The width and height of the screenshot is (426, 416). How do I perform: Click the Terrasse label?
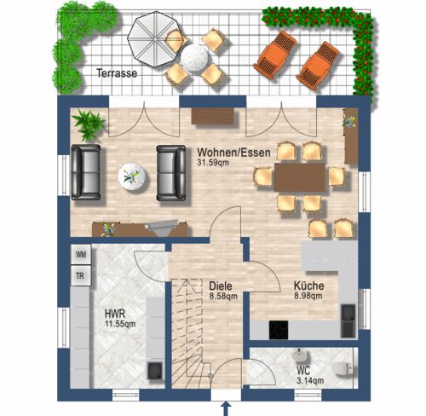[x=117, y=73]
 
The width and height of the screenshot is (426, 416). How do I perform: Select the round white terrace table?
[x=194, y=58]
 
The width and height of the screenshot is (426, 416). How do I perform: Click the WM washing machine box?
[x=81, y=254]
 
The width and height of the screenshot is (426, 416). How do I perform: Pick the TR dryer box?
[x=81, y=276]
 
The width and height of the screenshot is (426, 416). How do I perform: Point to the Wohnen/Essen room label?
[x=233, y=153]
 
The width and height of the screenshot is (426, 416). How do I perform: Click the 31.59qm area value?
[x=213, y=163]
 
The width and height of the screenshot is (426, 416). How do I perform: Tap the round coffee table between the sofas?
[x=132, y=177]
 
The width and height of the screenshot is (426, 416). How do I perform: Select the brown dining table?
[x=300, y=177]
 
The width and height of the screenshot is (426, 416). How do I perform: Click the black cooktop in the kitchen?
[x=279, y=330]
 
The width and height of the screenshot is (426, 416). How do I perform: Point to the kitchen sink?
[x=348, y=321]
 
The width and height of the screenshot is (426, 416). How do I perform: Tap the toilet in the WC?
[x=342, y=369]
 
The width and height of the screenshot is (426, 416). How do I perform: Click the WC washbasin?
[x=298, y=355]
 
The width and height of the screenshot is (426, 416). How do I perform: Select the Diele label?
[x=221, y=286]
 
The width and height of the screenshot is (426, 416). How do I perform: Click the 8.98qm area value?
[x=308, y=296]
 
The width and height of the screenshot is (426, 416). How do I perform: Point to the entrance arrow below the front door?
[x=227, y=408]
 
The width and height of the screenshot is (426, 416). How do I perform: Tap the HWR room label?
[x=115, y=314]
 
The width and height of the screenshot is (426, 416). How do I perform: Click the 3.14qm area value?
[x=310, y=380]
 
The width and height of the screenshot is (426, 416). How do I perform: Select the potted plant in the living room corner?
[x=89, y=125]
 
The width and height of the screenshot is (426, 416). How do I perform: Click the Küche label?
[x=308, y=286]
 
